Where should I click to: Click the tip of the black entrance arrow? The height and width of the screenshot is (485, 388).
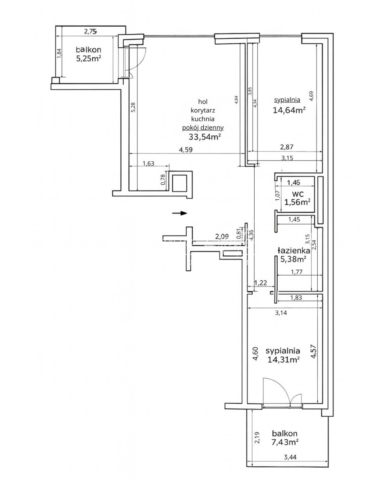click(x=188, y=213)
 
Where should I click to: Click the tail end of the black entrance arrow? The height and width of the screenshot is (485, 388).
click(x=173, y=213)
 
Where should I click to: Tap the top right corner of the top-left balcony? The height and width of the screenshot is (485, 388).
click(x=126, y=26)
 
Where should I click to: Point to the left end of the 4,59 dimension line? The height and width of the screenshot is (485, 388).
click(x=129, y=154)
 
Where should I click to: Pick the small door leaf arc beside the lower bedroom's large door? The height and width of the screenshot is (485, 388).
click(x=296, y=400)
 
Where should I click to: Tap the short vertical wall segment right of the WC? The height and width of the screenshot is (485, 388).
click(x=321, y=200)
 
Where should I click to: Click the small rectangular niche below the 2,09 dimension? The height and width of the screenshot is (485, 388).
click(x=230, y=253)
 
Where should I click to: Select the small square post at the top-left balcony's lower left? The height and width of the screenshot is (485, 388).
click(x=56, y=80)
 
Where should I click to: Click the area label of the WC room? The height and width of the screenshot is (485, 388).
click(x=297, y=202)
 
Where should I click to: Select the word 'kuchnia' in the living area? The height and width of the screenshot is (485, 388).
click(x=202, y=119)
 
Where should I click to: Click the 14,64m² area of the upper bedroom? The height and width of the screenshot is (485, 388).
click(x=289, y=110)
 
